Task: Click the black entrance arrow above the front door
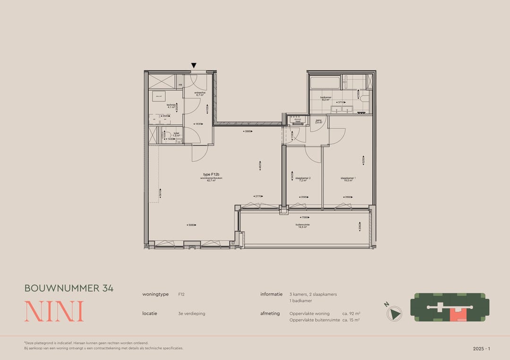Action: (194, 66)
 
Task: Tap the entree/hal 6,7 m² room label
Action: (200, 94)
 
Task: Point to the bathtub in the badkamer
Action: (324, 83)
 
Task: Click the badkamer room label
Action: (325, 99)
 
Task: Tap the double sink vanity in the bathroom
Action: (344, 109)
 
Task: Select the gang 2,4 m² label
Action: (318, 121)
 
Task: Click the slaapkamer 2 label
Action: (303, 179)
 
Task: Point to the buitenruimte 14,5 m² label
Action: (301, 226)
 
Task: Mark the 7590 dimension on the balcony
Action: (305, 218)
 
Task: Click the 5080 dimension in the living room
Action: (191, 225)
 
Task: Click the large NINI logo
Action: (54, 311)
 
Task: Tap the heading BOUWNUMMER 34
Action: (69, 288)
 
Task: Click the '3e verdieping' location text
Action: (192, 313)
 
